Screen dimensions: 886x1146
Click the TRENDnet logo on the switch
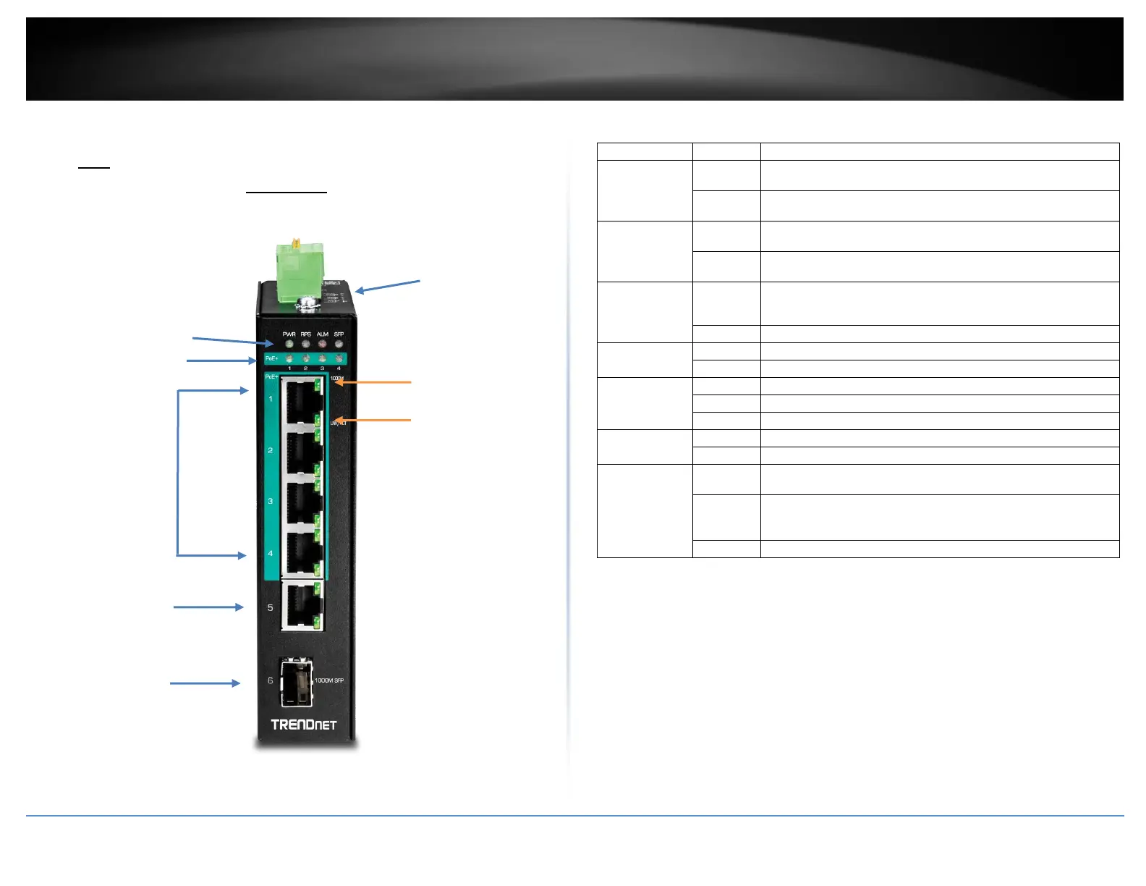click(304, 724)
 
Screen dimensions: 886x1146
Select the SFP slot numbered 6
click(297, 682)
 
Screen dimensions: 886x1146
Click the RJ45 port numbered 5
click(302, 606)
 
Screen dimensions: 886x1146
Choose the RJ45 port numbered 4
click(302, 554)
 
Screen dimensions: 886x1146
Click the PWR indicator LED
click(289, 344)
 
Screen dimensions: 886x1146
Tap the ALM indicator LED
click(322, 344)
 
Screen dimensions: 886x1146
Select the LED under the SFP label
click(339, 344)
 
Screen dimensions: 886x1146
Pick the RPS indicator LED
click(305, 344)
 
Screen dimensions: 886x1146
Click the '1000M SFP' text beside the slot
click(329, 680)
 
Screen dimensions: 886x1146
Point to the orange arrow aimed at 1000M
click(373, 382)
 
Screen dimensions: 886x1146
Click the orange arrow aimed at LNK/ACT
click(373, 420)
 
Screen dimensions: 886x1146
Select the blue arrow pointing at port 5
click(208, 607)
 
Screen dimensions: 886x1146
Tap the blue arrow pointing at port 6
click(205, 683)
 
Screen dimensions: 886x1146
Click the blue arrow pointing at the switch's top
click(387, 286)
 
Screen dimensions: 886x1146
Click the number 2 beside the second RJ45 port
click(271, 450)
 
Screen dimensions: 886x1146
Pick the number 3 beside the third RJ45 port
click(271, 501)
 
